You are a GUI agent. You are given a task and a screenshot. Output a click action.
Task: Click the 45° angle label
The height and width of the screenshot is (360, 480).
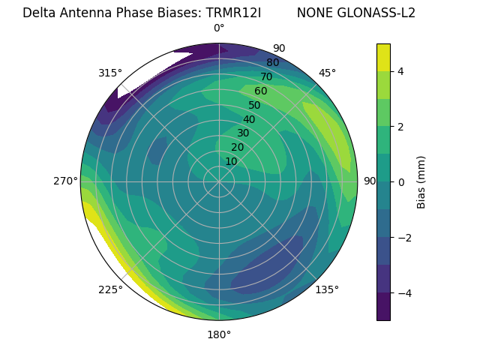coord(327,73)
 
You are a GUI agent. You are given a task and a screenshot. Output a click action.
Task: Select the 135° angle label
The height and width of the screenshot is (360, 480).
coord(327,289)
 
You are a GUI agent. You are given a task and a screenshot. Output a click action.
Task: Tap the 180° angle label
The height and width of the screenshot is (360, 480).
coord(219,334)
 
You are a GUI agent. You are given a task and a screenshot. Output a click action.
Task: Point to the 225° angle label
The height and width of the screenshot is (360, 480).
coord(110,290)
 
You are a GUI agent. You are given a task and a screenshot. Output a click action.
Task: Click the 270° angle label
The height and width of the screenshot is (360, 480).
coord(65,181)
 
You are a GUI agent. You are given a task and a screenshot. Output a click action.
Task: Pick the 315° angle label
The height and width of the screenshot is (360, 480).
coord(110,73)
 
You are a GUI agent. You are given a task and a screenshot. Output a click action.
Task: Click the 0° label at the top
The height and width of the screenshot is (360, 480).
coord(219,28)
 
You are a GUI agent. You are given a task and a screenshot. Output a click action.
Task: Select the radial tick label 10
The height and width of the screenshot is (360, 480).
coord(231,161)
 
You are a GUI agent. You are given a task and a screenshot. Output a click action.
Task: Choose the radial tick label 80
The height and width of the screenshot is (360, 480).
coord(273,63)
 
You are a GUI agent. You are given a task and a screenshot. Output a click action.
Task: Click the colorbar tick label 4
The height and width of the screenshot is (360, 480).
coord(401,71)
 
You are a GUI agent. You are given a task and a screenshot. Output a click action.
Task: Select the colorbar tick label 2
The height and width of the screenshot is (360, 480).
coord(401,127)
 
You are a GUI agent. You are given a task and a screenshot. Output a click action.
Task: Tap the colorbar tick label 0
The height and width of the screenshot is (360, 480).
coord(401,182)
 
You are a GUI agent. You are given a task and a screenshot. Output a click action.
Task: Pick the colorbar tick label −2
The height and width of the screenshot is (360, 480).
coord(404,238)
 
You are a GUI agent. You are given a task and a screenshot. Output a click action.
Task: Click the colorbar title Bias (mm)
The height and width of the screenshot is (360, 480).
coord(421,182)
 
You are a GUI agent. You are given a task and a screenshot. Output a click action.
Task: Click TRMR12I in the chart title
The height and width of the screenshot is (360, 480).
coord(233,13)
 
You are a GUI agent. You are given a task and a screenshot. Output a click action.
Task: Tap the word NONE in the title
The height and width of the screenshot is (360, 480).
coord(316,13)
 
